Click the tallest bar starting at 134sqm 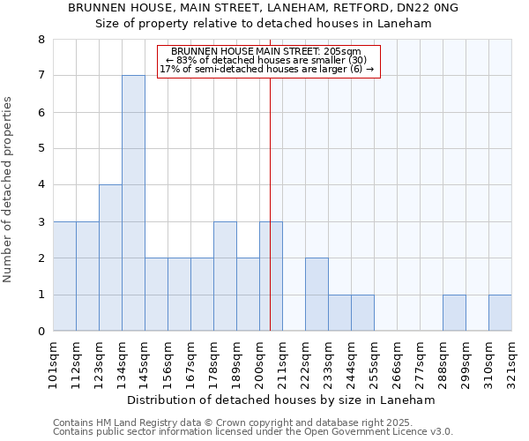[133, 203]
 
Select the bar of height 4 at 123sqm [110, 258]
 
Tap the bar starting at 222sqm [317, 295]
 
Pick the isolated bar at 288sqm [454, 313]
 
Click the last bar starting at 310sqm [500, 313]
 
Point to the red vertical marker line [270, 194]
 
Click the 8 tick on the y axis [41, 40]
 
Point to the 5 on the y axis [41, 149]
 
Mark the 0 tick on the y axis [41, 332]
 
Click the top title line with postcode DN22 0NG [264, 8]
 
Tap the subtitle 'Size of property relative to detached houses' [264, 24]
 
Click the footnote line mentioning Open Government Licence [253, 432]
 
